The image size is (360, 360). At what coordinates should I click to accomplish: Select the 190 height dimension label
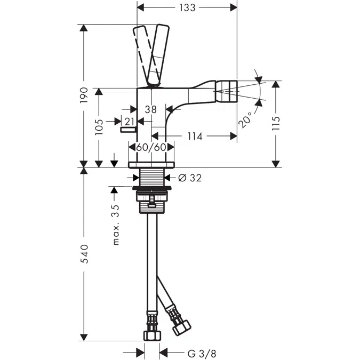point(84,96)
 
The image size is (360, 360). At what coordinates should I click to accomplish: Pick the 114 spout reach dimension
point(195,137)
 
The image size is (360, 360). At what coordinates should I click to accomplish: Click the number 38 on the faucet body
point(150,109)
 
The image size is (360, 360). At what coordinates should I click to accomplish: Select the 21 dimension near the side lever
point(130,122)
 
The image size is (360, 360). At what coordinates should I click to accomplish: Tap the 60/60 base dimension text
point(151,147)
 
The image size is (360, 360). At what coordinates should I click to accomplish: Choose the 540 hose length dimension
point(84,254)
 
